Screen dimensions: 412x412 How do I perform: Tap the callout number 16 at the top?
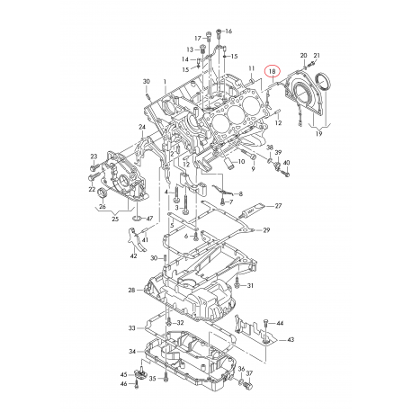point(228,31)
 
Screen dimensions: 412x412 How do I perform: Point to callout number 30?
point(146,82)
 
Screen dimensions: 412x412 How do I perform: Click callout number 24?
point(141,127)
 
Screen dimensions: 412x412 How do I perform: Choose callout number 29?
point(266,231)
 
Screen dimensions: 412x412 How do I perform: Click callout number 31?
point(251,285)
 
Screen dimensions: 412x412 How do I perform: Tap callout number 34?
point(131,351)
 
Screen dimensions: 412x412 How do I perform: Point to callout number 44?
point(280,323)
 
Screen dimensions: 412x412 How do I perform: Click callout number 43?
point(291,340)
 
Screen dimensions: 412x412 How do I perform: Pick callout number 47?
point(149,219)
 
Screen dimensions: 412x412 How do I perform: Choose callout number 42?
point(133,256)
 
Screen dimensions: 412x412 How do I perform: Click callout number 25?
point(114,219)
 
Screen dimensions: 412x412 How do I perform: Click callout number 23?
point(93,157)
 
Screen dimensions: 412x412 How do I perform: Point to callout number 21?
point(317,56)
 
